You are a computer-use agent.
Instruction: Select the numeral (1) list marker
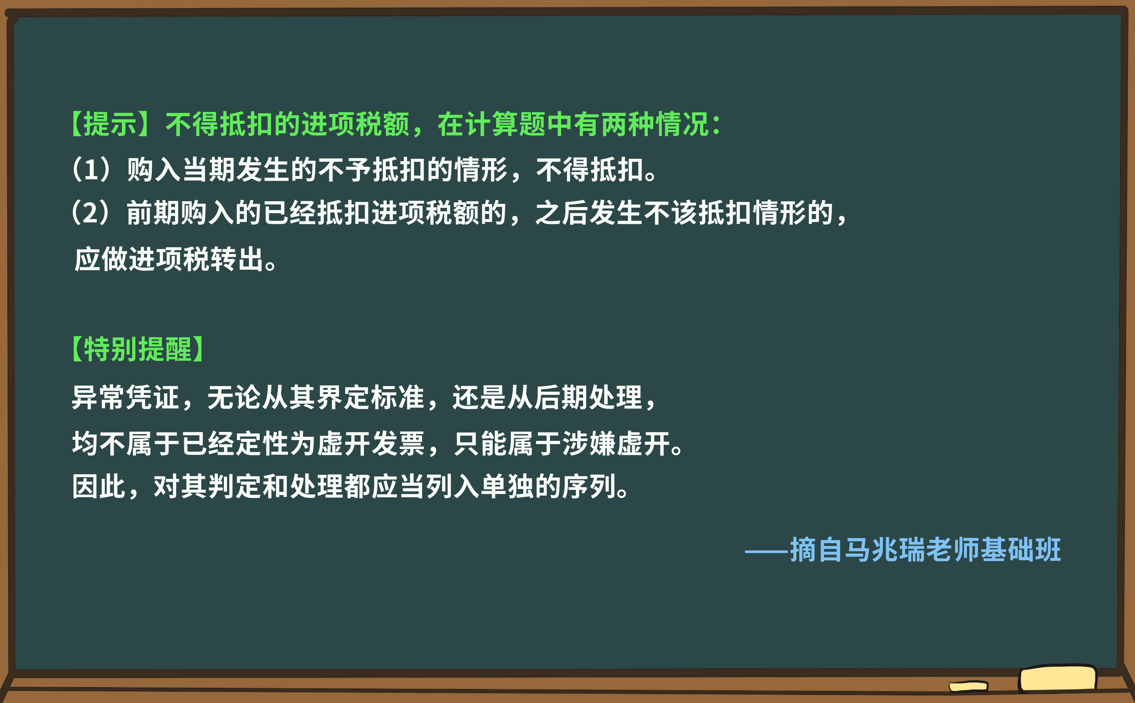[92, 169]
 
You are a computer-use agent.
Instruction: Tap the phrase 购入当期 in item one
[181, 169]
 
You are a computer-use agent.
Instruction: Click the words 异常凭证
[126, 397]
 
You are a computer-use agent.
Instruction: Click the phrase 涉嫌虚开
[616, 443]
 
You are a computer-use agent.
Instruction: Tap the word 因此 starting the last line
[99, 487]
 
